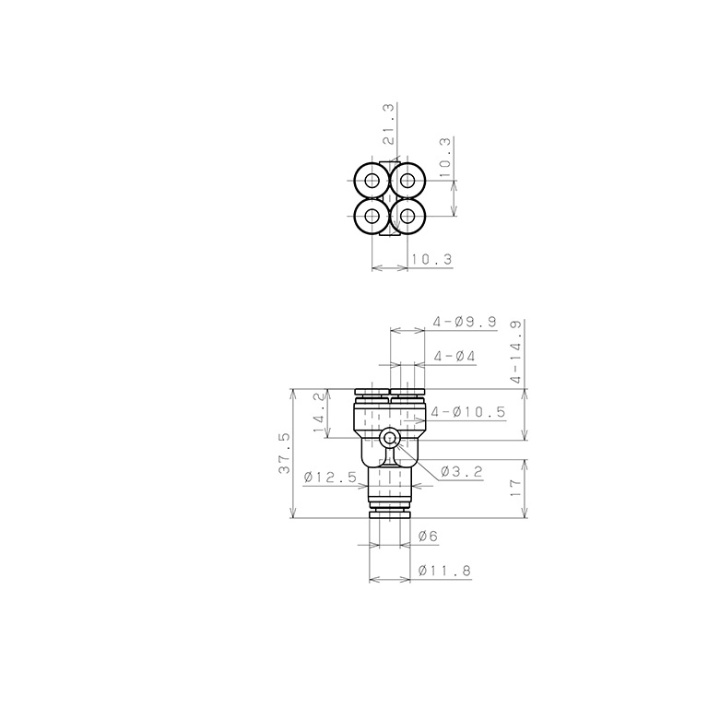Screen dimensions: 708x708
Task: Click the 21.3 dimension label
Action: coord(389,124)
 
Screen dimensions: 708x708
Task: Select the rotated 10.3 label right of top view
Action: coord(445,157)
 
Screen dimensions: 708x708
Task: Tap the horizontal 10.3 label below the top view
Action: coord(431,261)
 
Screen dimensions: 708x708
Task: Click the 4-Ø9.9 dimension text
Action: coord(465,322)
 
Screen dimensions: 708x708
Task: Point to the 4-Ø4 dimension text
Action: coord(453,356)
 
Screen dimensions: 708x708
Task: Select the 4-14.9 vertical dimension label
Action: coord(515,351)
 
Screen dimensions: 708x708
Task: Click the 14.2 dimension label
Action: coord(319,412)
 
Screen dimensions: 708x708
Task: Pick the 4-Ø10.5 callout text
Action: coord(467,412)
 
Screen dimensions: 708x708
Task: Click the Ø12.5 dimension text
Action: coord(329,478)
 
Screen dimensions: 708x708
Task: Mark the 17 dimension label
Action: coord(515,487)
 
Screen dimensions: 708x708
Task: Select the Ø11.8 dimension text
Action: coord(443,572)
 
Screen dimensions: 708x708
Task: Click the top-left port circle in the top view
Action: coord(372,180)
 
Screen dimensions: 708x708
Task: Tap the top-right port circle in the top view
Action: coord(407,180)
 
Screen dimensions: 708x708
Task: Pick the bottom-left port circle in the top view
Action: coord(372,217)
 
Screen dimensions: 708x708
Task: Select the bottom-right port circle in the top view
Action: coord(407,217)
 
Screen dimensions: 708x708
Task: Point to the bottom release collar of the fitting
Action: coord(389,511)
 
